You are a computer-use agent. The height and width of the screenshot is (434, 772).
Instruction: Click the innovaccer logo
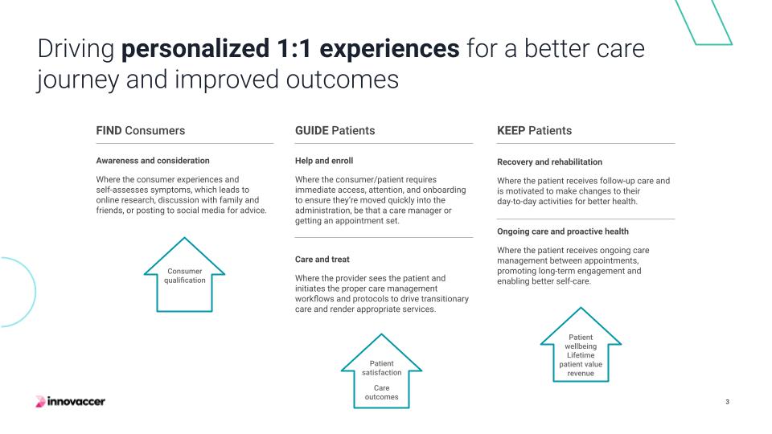click(x=71, y=402)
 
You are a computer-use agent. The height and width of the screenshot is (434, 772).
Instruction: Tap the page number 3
click(x=727, y=402)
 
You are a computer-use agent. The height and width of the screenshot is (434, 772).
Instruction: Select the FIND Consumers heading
click(x=140, y=130)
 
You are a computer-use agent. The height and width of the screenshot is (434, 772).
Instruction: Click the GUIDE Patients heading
click(x=335, y=130)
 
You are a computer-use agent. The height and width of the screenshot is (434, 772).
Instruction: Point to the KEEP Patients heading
click(x=534, y=130)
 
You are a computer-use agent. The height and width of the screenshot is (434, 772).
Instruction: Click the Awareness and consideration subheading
click(x=153, y=161)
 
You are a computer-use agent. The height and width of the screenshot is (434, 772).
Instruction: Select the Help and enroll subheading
click(x=324, y=161)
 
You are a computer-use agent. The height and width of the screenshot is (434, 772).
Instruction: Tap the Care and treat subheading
click(x=322, y=260)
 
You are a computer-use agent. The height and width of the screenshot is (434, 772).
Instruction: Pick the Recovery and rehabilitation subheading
click(x=549, y=162)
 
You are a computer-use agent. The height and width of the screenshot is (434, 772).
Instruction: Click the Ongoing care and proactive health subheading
click(x=563, y=231)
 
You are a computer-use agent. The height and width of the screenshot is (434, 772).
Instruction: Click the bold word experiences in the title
click(x=389, y=49)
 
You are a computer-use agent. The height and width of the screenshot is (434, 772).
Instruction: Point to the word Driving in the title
click(x=76, y=50)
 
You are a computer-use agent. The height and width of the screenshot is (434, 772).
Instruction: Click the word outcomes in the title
click(x=343, y=80)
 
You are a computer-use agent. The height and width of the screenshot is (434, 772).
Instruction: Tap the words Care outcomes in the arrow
click(x=381, y=392)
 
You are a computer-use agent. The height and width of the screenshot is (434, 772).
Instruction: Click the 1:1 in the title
click(x=294, y=49)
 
